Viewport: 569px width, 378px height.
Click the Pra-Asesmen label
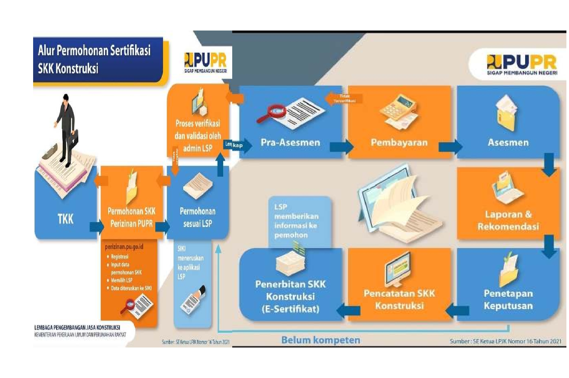[x=290, y=143]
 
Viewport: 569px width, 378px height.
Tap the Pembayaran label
[x=399, y=143]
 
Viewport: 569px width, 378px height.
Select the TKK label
[x=66, y=219]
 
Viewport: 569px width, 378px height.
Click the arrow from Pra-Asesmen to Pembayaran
[x=341, y=147]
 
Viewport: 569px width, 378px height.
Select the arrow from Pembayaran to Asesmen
[x=450, y=147]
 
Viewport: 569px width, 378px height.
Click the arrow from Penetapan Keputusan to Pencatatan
[x=458, y=310]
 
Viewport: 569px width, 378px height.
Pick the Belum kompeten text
[x=321, y=340]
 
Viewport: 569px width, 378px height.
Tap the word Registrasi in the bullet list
[x=120, y=257]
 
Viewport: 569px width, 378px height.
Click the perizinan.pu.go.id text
[x=124, y=247]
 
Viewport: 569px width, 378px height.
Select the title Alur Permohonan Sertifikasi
[x=94, y=51]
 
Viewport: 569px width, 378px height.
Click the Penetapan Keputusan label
[x=508, y=299]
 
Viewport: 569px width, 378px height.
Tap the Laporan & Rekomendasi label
[x=508, y=220]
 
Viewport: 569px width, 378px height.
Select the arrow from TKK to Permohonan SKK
[x=96, y=227]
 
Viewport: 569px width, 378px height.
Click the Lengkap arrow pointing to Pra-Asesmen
[x=239, y=145]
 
